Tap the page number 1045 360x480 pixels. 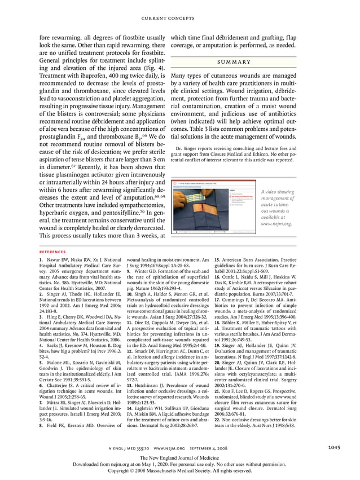[x=335, y=448]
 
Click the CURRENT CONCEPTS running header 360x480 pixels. [x=180, y=19]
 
